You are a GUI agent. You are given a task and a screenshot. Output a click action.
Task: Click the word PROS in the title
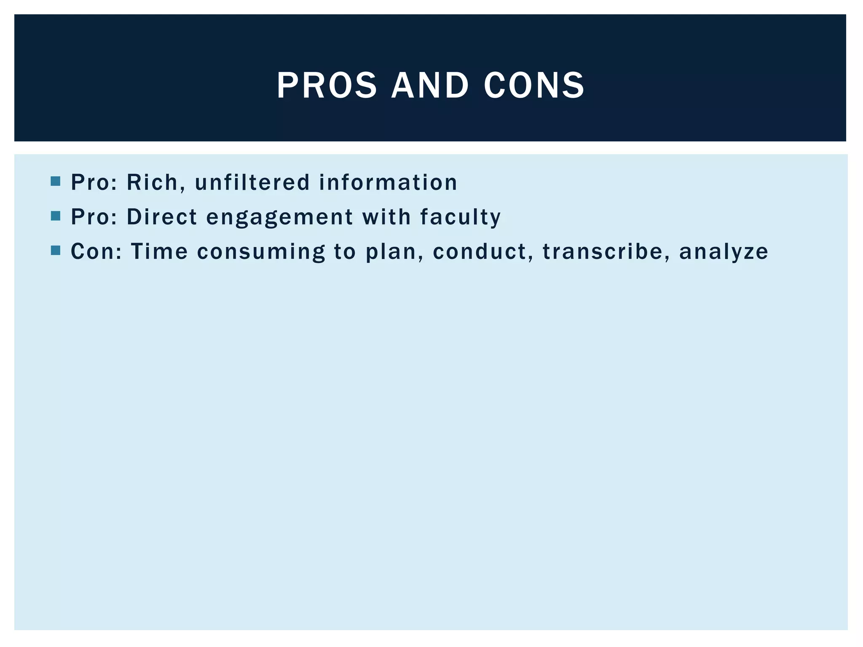[x=327, y=86]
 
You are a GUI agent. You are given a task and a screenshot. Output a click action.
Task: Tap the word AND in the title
[x=430, y=86]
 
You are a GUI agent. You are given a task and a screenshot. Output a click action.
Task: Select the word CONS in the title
[x=534, y=86]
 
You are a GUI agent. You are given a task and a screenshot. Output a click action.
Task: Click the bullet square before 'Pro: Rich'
[x=55, y=182]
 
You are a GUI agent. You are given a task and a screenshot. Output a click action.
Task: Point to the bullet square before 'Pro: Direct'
[x=55, y=216]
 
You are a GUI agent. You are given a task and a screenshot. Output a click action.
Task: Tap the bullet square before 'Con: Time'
[x=55, y=251]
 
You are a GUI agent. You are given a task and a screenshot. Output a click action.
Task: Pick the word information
[x=388, y=183]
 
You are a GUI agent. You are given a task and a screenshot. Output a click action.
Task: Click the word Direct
[x=162, y=217]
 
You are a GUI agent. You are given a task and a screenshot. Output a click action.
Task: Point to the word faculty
[x=460, y=217]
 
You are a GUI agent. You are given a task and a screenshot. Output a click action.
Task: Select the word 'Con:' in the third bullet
[x=96, y=252]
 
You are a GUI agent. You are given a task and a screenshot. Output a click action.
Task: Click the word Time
[x=159, y=252]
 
